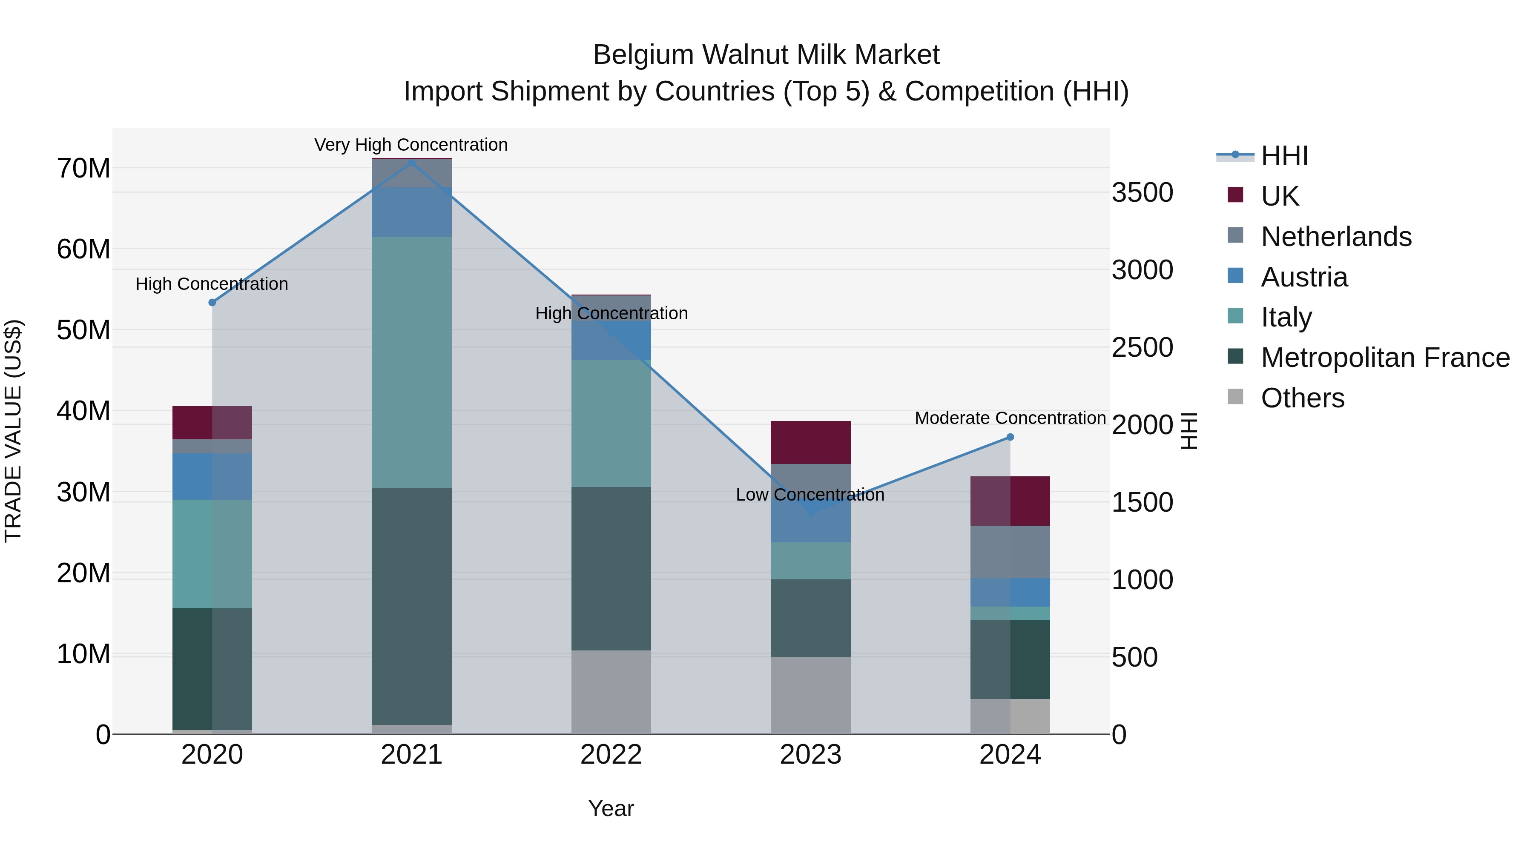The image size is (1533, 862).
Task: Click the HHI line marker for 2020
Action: [x=212, y=302]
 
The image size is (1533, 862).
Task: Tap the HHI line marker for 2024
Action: [x=1010, y=437]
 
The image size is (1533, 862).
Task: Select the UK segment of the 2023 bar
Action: [x=810, y=442]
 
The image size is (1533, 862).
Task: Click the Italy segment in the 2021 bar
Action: [x=411, y=362]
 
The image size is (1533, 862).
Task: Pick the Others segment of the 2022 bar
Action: [x=611, y=692]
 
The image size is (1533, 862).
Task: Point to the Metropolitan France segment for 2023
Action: [x=810, y=618]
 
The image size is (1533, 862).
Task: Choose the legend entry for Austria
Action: [x=1303, y=277]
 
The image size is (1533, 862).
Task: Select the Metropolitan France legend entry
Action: [x=1384, y=358]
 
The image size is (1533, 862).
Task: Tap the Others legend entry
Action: [x=1302, y=398]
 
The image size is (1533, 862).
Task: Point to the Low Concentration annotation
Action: [x=810, y=494]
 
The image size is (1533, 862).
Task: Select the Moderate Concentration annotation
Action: [x=1010, y=418]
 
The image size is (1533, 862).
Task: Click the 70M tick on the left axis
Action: [x=83, y=168]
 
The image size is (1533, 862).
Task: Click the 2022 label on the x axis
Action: [x=611, y=755]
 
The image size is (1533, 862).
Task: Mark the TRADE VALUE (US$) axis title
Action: [x=13, y=431]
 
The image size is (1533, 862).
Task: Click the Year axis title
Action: [x=611, y=808]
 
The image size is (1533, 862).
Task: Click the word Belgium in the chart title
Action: [x=643, y=55]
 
